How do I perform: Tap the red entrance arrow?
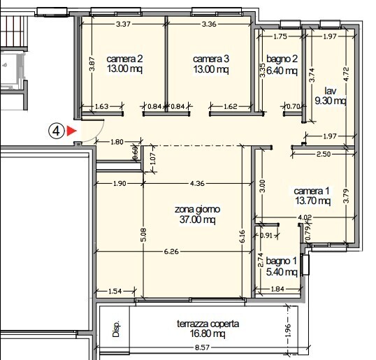pos(71,131)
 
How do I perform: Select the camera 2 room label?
pos(125,64)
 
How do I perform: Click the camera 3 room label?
pos(210,64)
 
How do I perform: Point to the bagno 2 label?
pos(282,64)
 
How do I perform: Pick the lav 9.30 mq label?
pos(331,96)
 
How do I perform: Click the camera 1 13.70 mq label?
pos(311,196)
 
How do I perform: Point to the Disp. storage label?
pos(117,329)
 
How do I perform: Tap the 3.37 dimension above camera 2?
pos(124,24)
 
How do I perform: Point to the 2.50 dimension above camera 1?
pos(324,154)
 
